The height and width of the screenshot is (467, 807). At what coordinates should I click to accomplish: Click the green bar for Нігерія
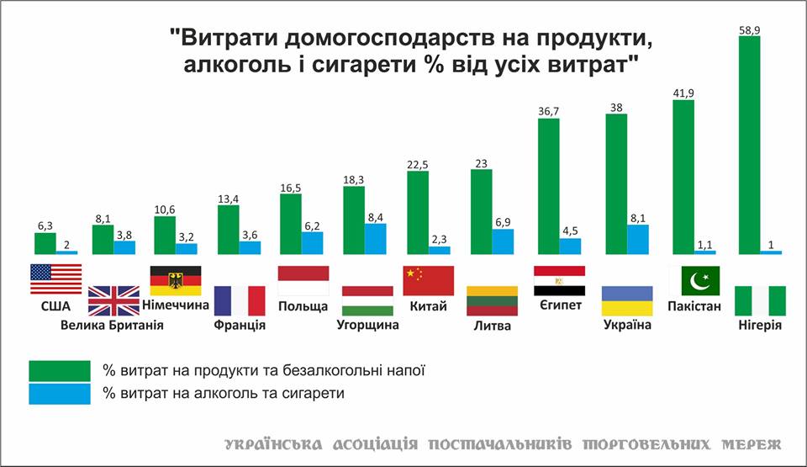(749, 144)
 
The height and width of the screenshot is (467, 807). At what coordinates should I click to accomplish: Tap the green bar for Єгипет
(548, 186)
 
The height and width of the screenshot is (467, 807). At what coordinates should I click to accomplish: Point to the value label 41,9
(683, 93)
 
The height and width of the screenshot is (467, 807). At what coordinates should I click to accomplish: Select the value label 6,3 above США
(45, 226)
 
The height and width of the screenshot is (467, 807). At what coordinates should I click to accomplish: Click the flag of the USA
(55, 279)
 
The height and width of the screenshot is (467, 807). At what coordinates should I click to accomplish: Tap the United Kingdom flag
(113, 300)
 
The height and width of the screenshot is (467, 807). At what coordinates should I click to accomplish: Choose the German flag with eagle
(174, 279)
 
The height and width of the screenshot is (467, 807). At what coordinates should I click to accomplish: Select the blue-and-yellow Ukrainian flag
(627, 300)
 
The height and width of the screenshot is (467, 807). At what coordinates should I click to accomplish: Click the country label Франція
(240, 325)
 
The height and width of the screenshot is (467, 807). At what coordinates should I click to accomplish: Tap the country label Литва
(492, 326)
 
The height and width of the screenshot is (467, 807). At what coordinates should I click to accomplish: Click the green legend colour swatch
(60, 370)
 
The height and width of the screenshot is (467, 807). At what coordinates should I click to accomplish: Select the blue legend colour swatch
(60, 394)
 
